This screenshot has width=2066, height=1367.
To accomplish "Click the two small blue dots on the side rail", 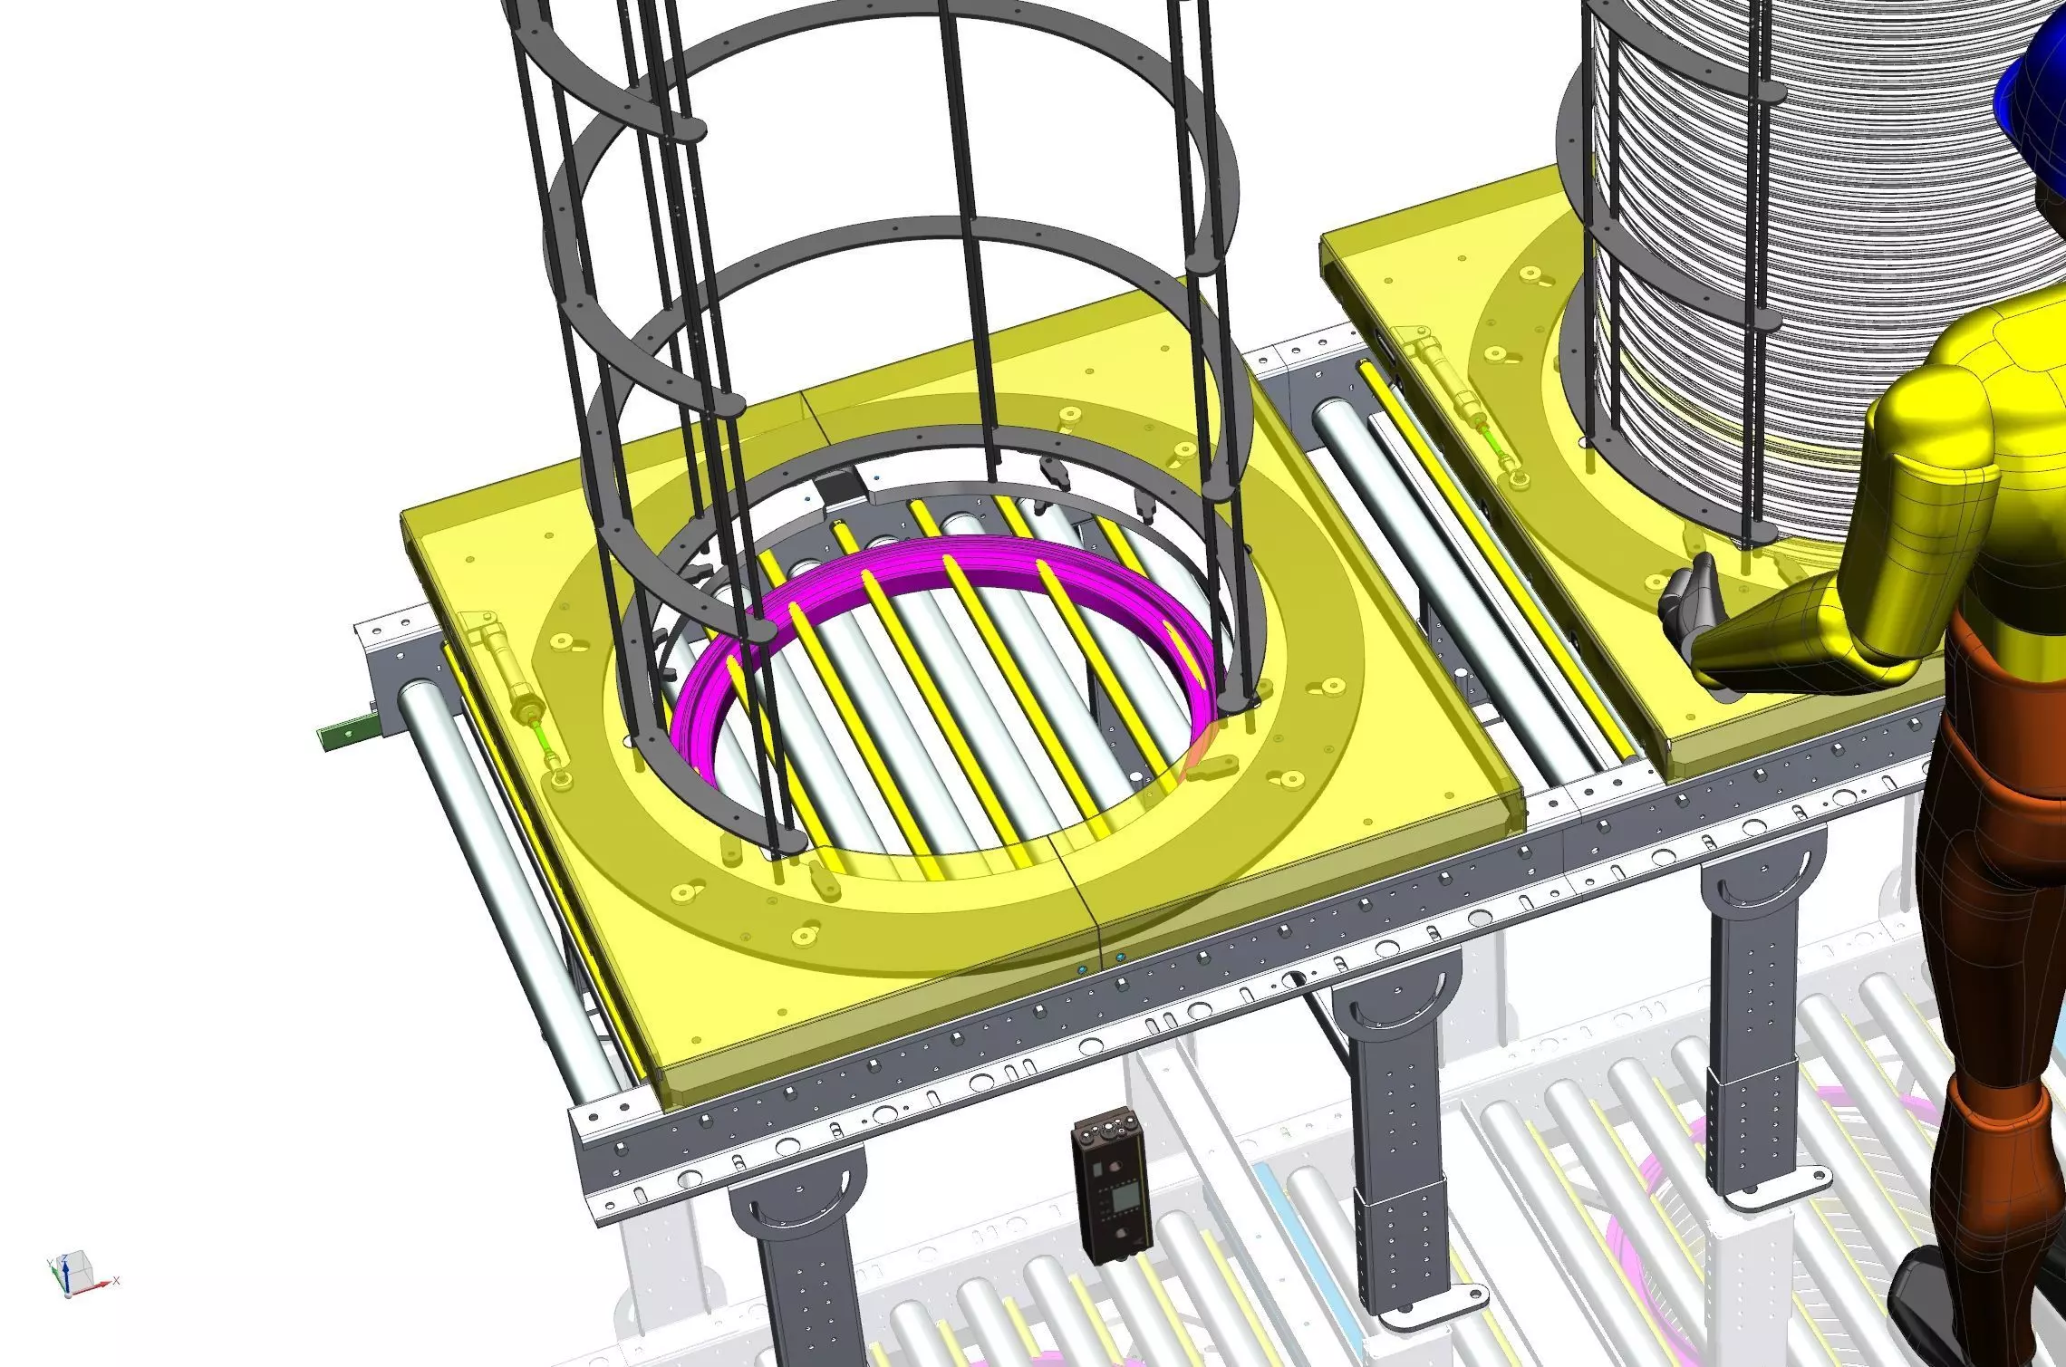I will click(x=1100, y=962).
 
